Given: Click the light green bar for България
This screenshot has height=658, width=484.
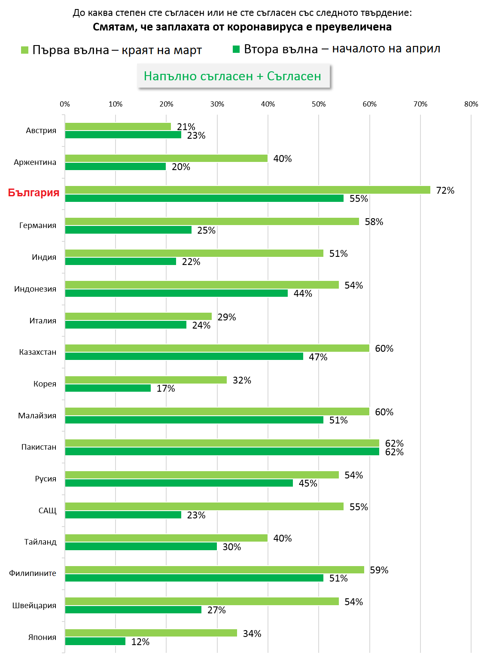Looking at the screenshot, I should [247, 190].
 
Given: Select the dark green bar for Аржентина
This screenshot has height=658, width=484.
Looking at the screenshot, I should [116, 166].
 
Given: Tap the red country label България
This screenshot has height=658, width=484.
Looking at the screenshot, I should [33, 192].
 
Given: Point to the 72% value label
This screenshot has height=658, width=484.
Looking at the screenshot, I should [445, 190].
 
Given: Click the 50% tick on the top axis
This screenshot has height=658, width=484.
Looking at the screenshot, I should [319, 104].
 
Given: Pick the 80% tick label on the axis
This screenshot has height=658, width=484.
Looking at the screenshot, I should [471, 104].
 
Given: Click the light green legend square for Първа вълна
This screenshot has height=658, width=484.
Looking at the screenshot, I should [24, 50].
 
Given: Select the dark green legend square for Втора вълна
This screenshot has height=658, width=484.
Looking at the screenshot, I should [236, 49].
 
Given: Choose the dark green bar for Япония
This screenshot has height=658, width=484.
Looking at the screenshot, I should [95, 641].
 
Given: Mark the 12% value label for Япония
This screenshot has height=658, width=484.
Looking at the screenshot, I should [140, 642].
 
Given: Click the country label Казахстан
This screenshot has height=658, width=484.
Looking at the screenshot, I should [38, 352].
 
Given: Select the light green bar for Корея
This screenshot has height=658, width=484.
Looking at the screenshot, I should [146, 380].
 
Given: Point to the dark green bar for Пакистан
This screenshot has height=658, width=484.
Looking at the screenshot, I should [222, 451].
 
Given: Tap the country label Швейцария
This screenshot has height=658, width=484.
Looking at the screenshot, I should [34, 606].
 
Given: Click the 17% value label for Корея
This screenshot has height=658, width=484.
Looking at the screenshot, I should [166, 388].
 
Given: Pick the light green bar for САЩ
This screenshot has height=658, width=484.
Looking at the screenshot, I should [204, 506].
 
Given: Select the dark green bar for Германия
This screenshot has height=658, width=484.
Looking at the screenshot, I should [128, 230].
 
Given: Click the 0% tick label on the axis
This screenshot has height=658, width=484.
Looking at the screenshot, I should [65, 104].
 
